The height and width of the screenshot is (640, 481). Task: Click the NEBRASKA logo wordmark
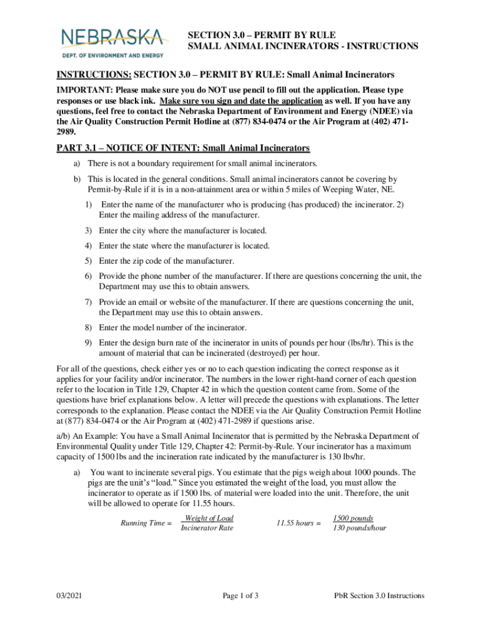[112, 37]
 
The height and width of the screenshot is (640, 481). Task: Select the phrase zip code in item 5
[155, 261]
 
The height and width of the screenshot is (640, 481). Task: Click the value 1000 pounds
[374, 472]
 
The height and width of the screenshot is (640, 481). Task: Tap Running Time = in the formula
[146, 523]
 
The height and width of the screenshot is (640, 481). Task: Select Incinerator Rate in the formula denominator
[207, 529]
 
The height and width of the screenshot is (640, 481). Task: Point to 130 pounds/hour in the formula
[359, 529]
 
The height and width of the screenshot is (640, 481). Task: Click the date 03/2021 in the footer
[71, 596]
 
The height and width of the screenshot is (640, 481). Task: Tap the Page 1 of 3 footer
[241, 596]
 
